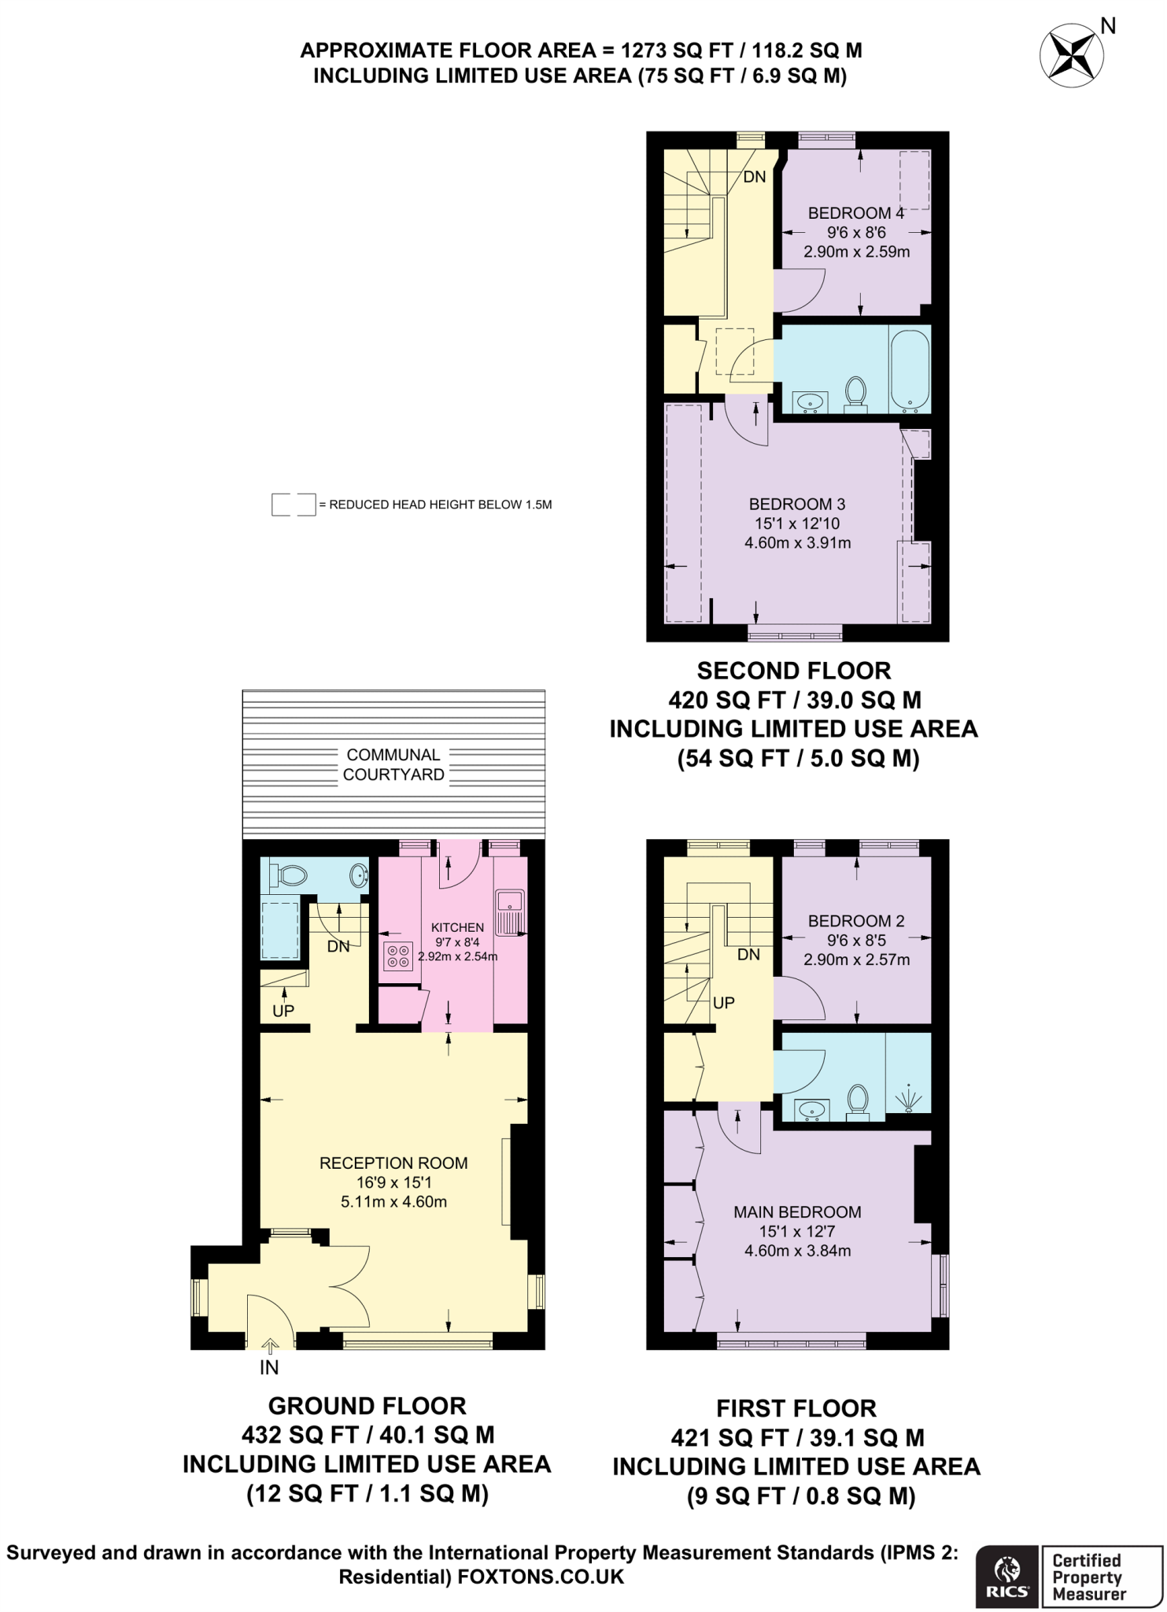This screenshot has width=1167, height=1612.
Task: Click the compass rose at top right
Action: click(x=1072, y=55)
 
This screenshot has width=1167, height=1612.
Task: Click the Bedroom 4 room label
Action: click(x=855, y=213)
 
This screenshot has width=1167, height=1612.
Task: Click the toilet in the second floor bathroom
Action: click(x=855, y=393)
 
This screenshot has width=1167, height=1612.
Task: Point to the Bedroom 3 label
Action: click(x=796, y=504)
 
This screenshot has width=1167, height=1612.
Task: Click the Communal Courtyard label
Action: click(x=393, y=764)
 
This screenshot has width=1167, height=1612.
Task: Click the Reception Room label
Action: click(x=393, y=1163)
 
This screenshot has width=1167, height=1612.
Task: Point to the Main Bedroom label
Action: click(x=797, y=1212)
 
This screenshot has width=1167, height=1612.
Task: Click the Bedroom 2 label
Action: click(x=856, y=921)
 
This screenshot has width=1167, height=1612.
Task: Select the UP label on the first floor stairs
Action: click(x=723, y=1003)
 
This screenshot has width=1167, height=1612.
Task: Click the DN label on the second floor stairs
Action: click(x=754, y=177)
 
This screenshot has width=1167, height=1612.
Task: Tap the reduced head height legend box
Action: click(x=293, y=505)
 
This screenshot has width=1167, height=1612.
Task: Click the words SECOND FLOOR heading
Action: click(x=793, y=671)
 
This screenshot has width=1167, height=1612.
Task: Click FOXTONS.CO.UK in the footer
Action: click(x=541, y=1577)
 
